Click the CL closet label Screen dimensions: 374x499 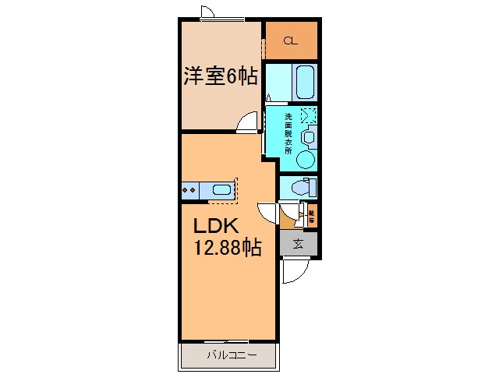290,41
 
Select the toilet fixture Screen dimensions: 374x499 302,188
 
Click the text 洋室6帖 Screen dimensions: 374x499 221,76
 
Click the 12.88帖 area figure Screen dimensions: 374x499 227,249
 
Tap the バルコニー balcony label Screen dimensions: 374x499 229,357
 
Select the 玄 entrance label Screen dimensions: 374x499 299,244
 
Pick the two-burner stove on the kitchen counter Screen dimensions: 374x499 189,189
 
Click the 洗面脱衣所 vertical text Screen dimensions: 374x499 288,135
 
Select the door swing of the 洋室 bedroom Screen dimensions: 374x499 248,122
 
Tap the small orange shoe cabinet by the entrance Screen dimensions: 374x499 312,214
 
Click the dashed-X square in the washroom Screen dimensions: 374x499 308,115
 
